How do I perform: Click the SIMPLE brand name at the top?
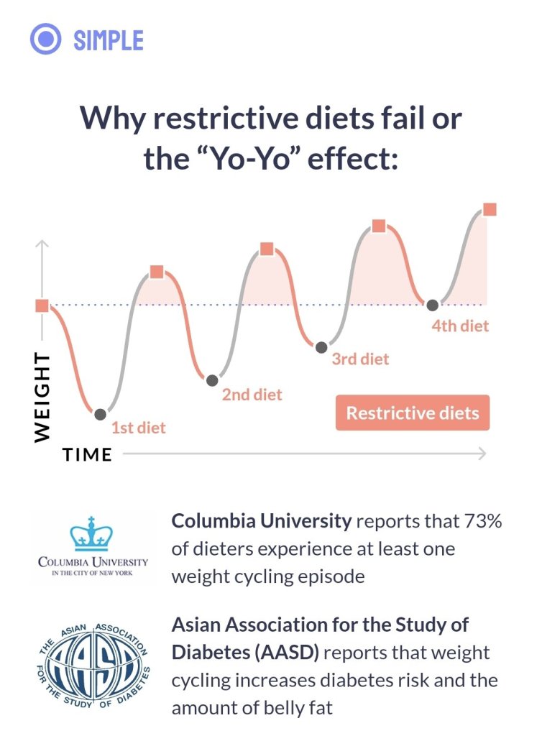coord(109,40)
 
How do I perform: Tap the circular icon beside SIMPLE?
coord(46,40)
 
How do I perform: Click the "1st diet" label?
coord(138,428)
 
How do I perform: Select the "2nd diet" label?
coord(252,395)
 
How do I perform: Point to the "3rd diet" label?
coord(360,359)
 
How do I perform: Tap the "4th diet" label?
coord(460,326)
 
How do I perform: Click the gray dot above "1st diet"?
coord(100,414)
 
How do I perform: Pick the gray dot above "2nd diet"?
coord(211,380)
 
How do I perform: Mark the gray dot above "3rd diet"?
coord(321,347)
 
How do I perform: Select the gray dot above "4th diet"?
coord(432,305)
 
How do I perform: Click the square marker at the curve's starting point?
coord(42,305)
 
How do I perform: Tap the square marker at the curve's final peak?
coord(490,209)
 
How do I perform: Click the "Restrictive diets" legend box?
coord(412,413)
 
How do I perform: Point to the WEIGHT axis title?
coord(42,397)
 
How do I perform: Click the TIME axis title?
coord(87,454)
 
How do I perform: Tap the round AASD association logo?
coord(94,663)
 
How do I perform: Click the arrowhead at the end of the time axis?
coord(482,454)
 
